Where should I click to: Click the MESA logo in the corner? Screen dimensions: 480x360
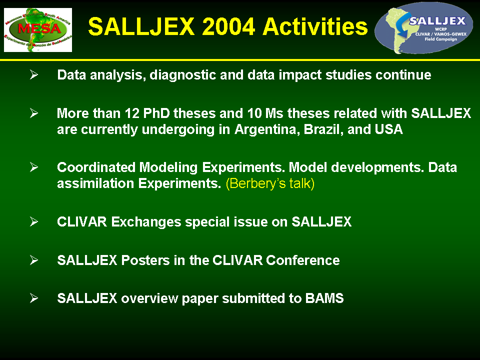point(38,29)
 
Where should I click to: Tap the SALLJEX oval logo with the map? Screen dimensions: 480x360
point(423,28)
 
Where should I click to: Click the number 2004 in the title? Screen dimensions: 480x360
point(228,26)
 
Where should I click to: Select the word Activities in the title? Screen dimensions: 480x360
point(315,26)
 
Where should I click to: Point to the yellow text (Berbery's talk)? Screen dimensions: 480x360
point(270,183)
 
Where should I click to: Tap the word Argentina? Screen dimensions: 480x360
point(267,129)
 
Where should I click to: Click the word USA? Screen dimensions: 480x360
point(389,129)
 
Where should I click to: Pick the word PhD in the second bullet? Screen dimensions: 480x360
point(156,113)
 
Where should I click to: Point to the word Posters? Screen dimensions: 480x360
point(145,260)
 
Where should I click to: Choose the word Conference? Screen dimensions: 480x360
point(303,260)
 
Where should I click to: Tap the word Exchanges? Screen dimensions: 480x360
point(146,222)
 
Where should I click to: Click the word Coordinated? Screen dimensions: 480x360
point(96,167)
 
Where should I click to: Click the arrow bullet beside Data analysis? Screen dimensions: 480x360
point(34,74)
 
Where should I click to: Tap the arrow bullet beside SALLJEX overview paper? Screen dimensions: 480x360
point(34,298)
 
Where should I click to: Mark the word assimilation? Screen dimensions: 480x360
point(95,183)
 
